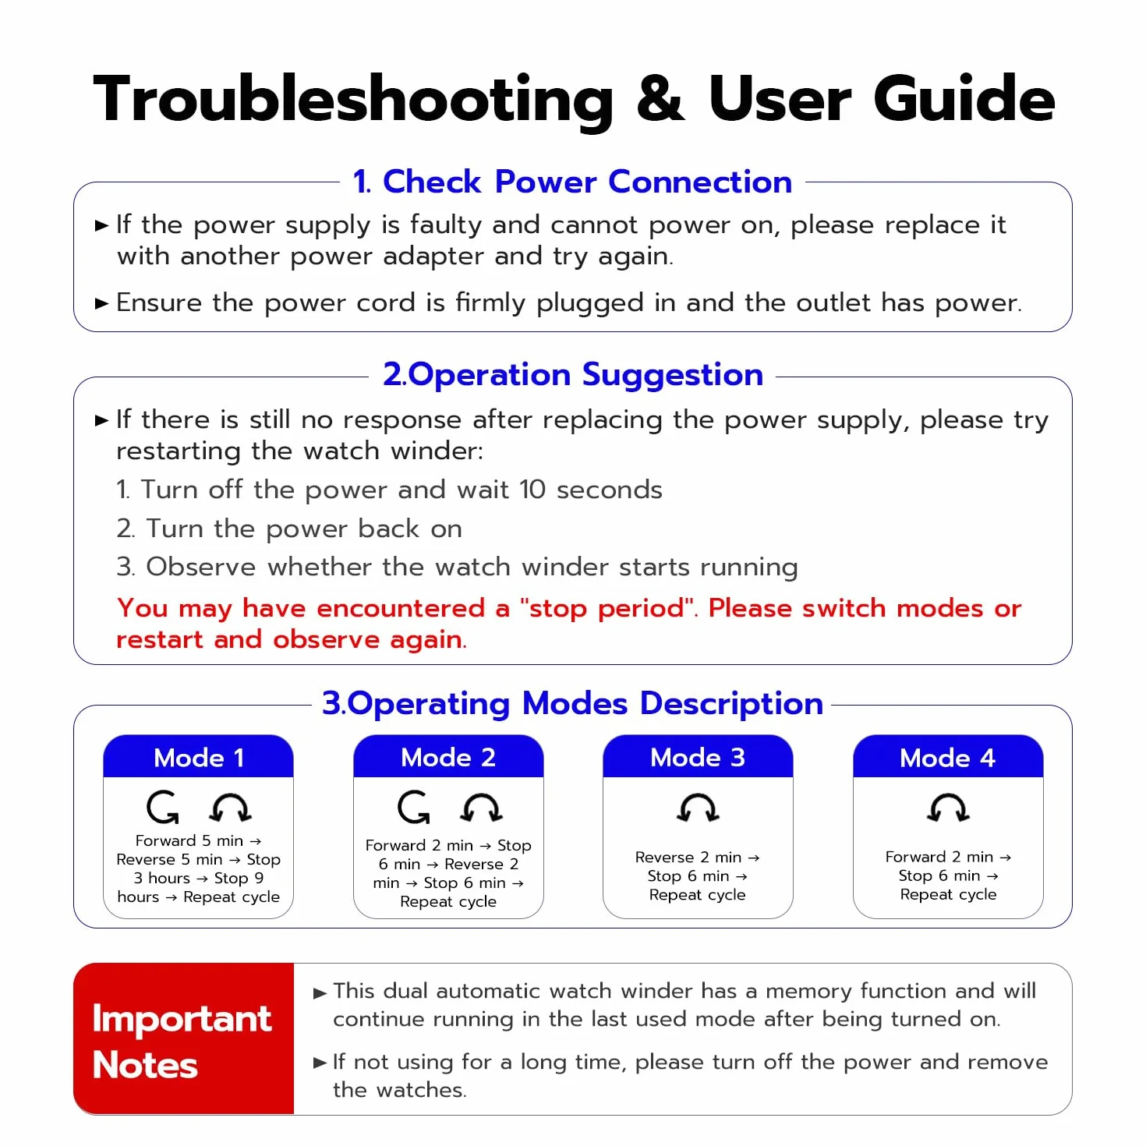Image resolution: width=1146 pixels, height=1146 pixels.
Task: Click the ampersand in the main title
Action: (660, 98)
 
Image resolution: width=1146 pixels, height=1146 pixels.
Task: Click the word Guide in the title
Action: (964, 98)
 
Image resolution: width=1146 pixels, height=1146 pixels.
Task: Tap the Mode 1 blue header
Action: (198, 756)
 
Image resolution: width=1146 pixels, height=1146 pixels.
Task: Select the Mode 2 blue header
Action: (448, 756)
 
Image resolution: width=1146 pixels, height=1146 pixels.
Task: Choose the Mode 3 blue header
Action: (698, 756)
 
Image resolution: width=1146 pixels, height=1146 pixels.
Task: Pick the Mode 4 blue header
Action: (948, 756)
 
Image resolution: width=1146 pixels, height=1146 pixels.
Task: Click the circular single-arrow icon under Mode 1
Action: (162, 807)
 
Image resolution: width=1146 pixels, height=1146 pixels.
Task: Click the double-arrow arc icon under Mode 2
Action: (482, 808)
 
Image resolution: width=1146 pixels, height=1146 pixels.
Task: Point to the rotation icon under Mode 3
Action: (699, 808)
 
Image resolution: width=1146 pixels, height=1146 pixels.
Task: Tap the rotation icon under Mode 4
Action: (949, 808)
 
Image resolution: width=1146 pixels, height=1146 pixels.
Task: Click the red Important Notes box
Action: (184, 1038)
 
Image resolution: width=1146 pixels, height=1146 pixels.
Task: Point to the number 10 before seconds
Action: (532, 490)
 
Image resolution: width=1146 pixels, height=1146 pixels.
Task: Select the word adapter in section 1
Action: (433, 257)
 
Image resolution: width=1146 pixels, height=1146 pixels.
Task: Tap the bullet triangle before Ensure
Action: (101, 303)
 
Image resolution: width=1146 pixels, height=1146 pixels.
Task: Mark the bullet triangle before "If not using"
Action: (320, 1063)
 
